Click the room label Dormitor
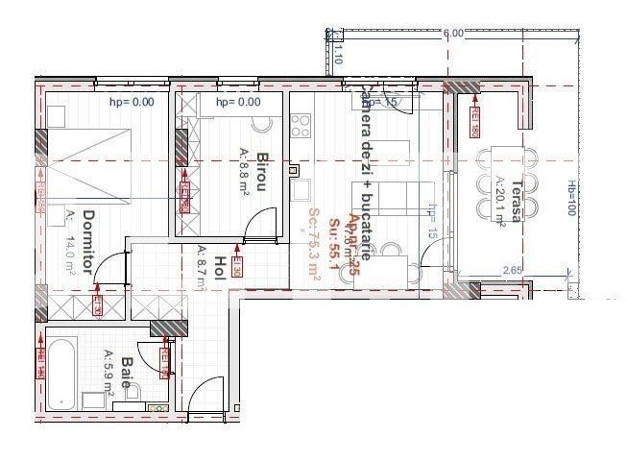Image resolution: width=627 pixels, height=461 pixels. point(89,242)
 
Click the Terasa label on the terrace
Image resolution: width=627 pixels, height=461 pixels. point(517,201)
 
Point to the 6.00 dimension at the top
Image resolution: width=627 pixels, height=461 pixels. point(453,34)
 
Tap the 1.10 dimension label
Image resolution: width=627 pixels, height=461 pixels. point(337,57)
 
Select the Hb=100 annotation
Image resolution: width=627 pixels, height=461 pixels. point(570,199)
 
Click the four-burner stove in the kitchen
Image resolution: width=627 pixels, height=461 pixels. point(301,126)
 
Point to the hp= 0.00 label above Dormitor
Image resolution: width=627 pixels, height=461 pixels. point(132,102)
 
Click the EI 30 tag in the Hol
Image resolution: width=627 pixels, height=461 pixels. point(236,266)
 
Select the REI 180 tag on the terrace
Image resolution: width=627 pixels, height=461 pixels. point(474,119)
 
